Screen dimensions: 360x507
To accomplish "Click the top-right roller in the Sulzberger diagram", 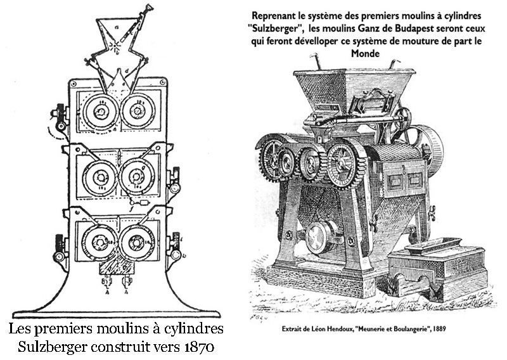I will click(136, 112).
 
